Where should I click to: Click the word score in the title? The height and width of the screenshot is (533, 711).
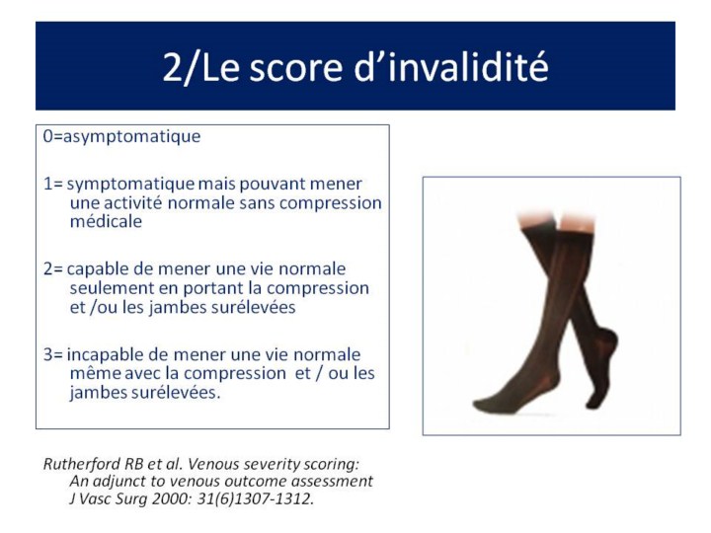(x=295, y=67)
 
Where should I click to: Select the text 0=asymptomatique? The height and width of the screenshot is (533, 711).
(x=121, y=137)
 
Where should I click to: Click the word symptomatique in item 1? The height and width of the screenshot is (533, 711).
(x=130, y=185)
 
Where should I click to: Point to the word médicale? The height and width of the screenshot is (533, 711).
(x=106, y=221)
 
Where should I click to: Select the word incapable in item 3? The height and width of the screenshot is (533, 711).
(x=106, y=355)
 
